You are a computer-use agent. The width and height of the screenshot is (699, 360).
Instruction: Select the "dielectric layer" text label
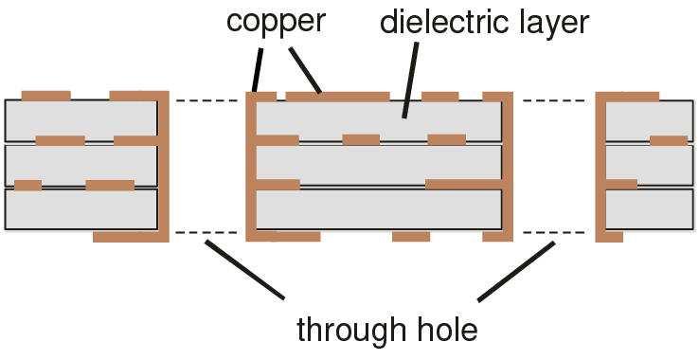coord(484,23)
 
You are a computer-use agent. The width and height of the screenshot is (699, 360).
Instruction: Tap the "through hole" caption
coord(387,331)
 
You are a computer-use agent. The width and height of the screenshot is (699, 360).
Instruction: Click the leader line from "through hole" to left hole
coord(244,270)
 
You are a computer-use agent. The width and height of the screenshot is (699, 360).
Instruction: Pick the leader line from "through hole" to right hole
coord(516,272)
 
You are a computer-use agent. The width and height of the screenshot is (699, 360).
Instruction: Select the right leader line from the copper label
coord(305,68)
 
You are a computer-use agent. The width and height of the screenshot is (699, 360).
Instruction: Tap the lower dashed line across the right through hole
coord(553,232)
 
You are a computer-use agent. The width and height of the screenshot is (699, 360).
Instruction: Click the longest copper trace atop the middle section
coord(337,97)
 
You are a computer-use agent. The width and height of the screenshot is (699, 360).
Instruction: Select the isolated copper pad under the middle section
coord(411,236)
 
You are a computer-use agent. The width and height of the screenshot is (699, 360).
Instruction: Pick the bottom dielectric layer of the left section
coord(81,209)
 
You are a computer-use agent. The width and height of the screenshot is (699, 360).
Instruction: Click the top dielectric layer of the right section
coord(649,119)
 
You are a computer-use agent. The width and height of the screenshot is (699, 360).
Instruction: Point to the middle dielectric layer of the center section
coord(379,164)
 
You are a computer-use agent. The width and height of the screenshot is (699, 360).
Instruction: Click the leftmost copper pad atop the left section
coord(45,96)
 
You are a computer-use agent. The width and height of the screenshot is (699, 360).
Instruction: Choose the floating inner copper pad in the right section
coord(669,141)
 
